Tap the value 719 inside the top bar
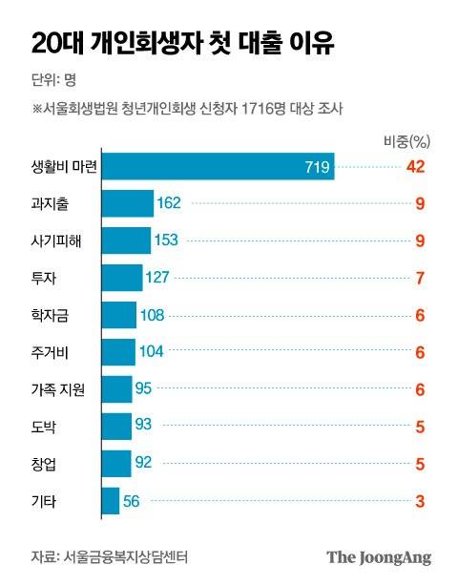pos(317,168)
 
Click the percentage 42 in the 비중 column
pos(414,168)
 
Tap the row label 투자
pos(44,278)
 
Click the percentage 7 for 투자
pos(418,278)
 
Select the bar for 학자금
pos(119,315)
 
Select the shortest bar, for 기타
pos(110,499)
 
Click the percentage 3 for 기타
pos(418,499)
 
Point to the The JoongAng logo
pos(379,556)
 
